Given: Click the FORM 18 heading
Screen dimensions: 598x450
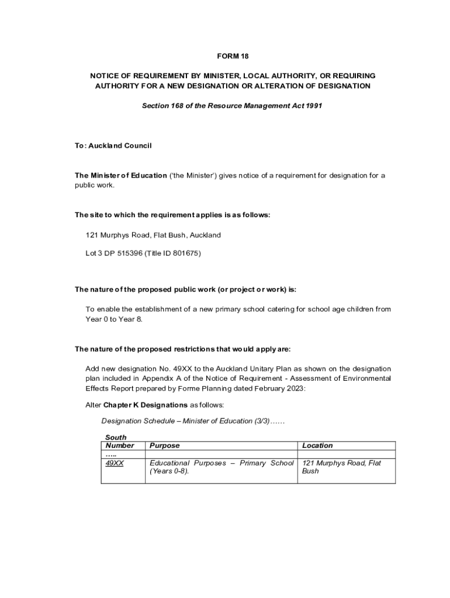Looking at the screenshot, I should coord(233,56).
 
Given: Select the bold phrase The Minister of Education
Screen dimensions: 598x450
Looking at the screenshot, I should coord(120,176).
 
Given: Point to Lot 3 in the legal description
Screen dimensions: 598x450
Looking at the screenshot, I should coord(95,253).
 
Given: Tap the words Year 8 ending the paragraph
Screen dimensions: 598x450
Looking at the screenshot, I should coord(130,319).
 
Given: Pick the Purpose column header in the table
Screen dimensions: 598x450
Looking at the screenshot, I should coord(165,446).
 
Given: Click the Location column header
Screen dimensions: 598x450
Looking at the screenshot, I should coord(317,446).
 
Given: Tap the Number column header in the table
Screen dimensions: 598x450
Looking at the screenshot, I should coord(119,446).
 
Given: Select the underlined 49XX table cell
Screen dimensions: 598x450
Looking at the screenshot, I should coord(115,463).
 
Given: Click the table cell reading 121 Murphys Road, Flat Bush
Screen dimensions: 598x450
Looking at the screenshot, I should coord(341,467).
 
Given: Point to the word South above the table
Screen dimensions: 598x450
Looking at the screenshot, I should coord(116,437).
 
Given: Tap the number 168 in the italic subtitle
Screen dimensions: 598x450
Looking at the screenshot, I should coord(178,106).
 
